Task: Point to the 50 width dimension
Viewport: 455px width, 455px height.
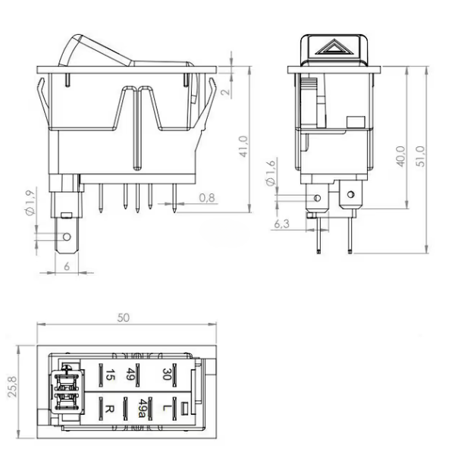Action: click(123, 318)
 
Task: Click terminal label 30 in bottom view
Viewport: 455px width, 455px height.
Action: click(165, 372)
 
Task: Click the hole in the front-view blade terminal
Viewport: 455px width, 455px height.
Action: click(66, 237)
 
